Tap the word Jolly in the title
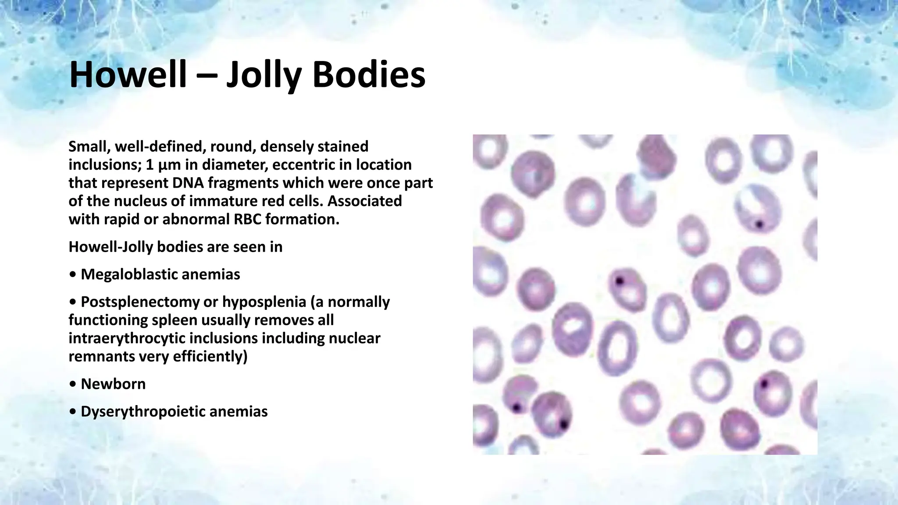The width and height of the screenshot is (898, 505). [264, 75]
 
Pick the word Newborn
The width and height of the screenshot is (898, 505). [113, 384]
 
